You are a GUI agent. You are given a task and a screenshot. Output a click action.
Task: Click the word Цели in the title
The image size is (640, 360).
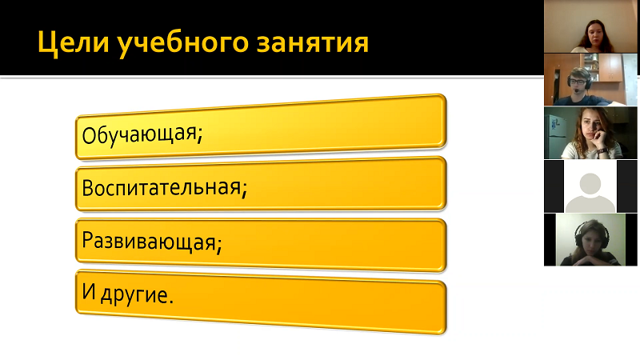click(74, 42)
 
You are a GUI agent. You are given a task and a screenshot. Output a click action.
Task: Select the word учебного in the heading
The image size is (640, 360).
click(183, 42)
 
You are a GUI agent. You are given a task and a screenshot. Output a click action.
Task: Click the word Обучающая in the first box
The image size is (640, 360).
click(139, 134)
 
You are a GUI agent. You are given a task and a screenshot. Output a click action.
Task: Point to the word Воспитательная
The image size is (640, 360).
click(162, 187)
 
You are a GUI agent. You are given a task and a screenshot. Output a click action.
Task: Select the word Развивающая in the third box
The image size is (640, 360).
click(149, 241)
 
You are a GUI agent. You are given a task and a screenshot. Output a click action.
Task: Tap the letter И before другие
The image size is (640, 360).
click(89, 291)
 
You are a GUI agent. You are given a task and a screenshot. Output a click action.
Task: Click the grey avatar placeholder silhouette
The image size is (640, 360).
click(590, 193)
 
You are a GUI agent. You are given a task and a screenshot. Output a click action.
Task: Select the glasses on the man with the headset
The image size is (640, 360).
click(577, 82)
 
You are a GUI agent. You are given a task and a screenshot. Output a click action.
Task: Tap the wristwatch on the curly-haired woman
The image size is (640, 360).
click(602, 151)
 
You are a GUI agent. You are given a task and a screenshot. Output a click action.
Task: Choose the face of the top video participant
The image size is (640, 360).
click(594, 34)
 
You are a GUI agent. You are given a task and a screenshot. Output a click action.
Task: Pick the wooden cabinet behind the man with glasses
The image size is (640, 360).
click(610, 68)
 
